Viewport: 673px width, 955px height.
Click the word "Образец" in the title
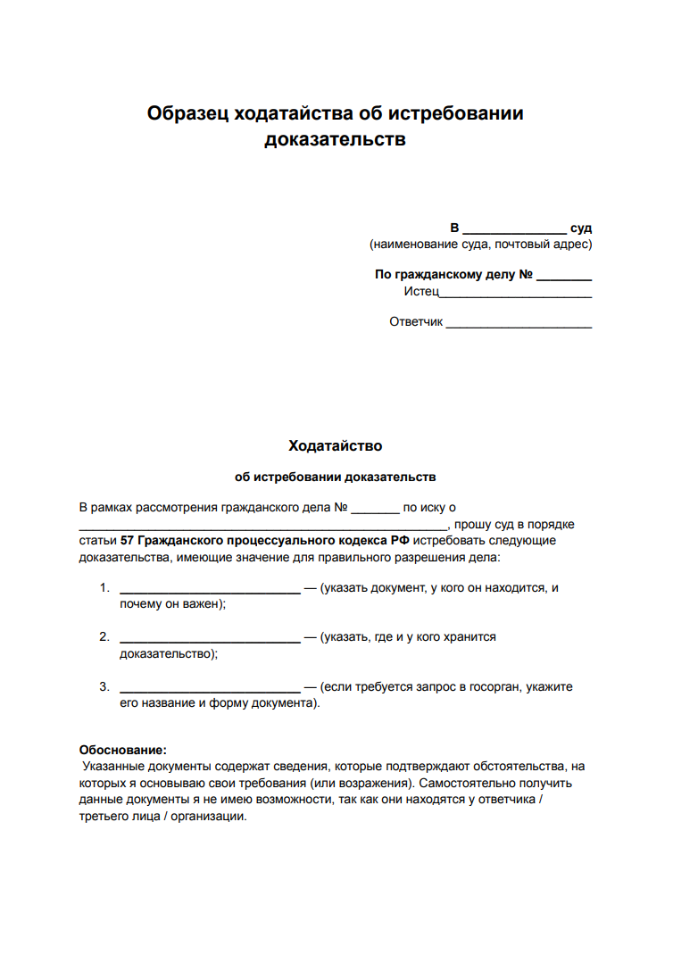click(x=187, y=113)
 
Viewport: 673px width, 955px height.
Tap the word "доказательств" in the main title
click(x=336, y=139)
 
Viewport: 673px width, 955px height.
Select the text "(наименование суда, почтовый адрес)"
click(x=480, y=244)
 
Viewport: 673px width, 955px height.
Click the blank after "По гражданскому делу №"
click(x=564, y=275)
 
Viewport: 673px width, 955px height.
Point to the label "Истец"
click(x=421, y=291)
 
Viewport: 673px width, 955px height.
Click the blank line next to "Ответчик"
click(x=519, y=321)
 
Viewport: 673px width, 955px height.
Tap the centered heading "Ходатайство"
click(x=336, y=444)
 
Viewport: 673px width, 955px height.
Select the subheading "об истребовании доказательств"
click(x=336, y=477)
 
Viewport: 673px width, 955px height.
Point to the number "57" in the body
click(x=127, y=541)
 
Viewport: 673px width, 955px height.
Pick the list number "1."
click(x=104, y=587)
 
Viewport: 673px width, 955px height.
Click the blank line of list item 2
click(x=210, y=637)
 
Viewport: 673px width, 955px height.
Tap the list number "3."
click(x=104, y=687)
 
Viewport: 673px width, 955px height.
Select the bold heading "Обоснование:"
click(x=122, y=751)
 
